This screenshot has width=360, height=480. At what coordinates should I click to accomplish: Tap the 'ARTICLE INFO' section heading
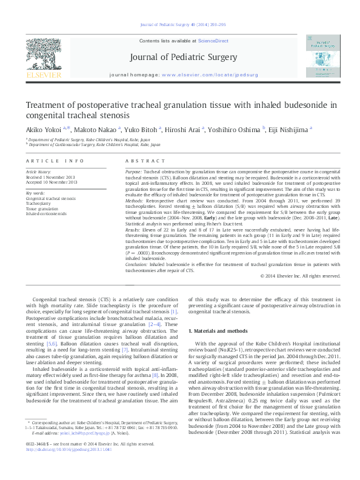[55, 161]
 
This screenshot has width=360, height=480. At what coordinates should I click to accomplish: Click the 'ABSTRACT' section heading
[142, 161]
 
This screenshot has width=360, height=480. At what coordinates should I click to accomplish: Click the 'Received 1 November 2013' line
[51, 177]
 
